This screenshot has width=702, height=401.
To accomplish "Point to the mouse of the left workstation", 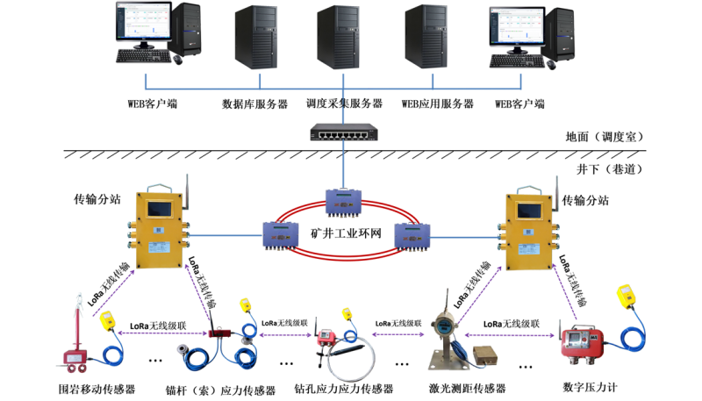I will [178, 59].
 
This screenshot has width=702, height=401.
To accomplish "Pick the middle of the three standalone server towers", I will [339, 37].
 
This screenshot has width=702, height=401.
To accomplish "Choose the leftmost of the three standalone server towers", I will [255, 37].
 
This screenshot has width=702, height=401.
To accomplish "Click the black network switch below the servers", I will [343, 133].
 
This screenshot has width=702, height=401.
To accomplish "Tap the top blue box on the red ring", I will [343, 201].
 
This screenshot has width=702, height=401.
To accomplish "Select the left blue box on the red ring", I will [282, 235].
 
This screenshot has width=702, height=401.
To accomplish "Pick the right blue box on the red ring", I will [412, 235].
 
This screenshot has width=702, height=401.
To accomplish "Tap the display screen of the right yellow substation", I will [530, 211].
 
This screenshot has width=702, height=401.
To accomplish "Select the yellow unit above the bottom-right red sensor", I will [625, 297].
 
